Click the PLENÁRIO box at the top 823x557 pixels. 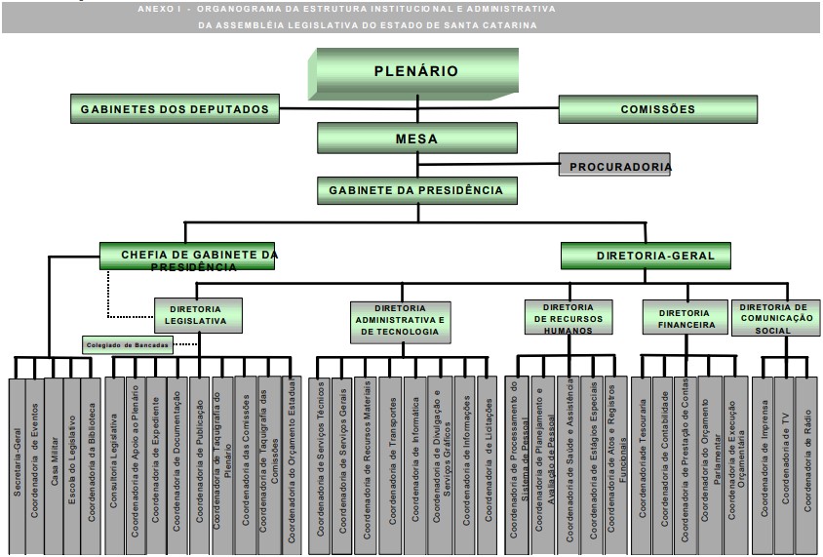click(415, 72)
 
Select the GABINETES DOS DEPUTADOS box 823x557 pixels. click(176, 109)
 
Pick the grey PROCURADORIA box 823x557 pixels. click(614, 166)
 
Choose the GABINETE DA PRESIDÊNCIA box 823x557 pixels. click(416, 189)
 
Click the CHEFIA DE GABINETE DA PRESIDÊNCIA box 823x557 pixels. click(187, 257)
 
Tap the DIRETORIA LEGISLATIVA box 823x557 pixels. click(198, 314)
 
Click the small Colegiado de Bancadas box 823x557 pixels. click(127, 344)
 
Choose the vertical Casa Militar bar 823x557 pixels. click(55, 458)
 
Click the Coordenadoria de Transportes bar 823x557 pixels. click(390, 458)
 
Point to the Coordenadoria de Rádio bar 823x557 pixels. click(806, 458)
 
